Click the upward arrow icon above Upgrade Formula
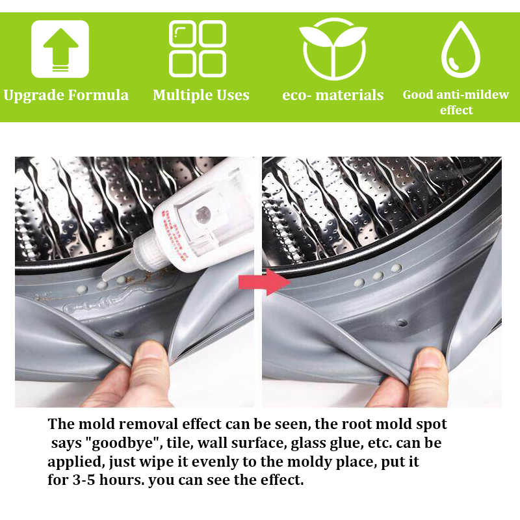point(60,49)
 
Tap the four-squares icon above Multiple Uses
point(198,49)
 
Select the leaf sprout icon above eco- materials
point(333,49)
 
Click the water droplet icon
point(461,49)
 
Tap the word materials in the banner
point(349,95)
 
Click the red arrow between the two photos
point(265,282)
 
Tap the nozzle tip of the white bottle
point(104,277)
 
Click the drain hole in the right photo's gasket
point(402,322)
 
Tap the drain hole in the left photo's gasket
point(118,333)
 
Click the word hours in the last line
point(122,480)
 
